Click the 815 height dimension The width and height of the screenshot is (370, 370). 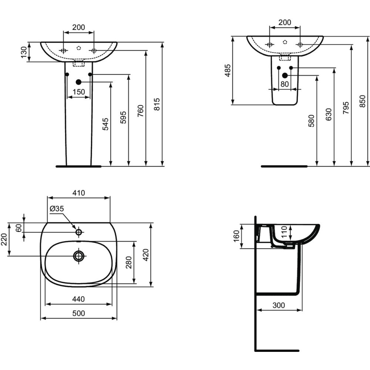[157, 105]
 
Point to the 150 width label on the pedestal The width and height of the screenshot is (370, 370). [78, 92]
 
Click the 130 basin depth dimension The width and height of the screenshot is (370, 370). [24, 52]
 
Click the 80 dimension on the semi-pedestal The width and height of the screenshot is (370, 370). [285, 84]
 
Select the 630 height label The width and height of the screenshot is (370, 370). [329, 115]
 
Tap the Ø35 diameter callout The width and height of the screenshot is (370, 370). [57, 209]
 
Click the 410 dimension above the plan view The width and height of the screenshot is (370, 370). [79, 193]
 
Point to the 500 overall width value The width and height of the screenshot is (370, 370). [78, 313]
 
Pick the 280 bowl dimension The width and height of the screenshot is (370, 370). [128, 262]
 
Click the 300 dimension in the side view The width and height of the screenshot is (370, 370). [279, 305]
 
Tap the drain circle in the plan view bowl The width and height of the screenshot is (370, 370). [78, 256]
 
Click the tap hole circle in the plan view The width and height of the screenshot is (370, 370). [78, 232]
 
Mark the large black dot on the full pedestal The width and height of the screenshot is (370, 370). [78, 82]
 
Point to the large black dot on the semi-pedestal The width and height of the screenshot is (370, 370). [285, 75]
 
